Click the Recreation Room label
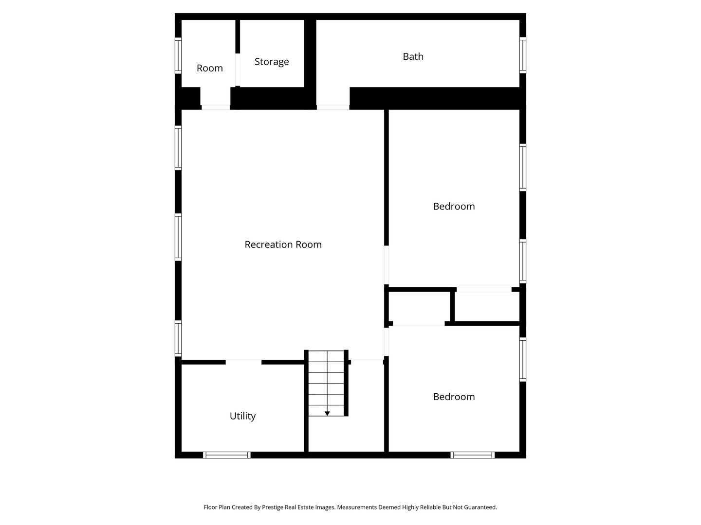(x=283, y=245)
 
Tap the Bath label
(x=413, y=56)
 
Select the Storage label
(x=272, y=62)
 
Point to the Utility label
(x=242, y=416)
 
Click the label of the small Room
(x=210, y=68)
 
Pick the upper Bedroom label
(x=454, y=206)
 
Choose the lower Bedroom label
(x=454, y=397)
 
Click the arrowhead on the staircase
(x=327, y=414)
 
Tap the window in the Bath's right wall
(x=522, y=55)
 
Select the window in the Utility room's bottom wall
(x=227, y=455)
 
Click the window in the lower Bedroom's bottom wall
(x=472, y=455)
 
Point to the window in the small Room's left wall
(x=178, y=55)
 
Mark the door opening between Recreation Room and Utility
(x=243, y=362)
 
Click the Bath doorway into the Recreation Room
(x=333, y=107)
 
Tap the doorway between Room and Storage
(x=238, y=70)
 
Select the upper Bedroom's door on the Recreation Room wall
(x=387, y=265)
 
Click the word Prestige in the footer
(x=273, y=507)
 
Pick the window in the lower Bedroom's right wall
(x=522, y=359)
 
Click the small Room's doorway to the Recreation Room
(x=215, y=107)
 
